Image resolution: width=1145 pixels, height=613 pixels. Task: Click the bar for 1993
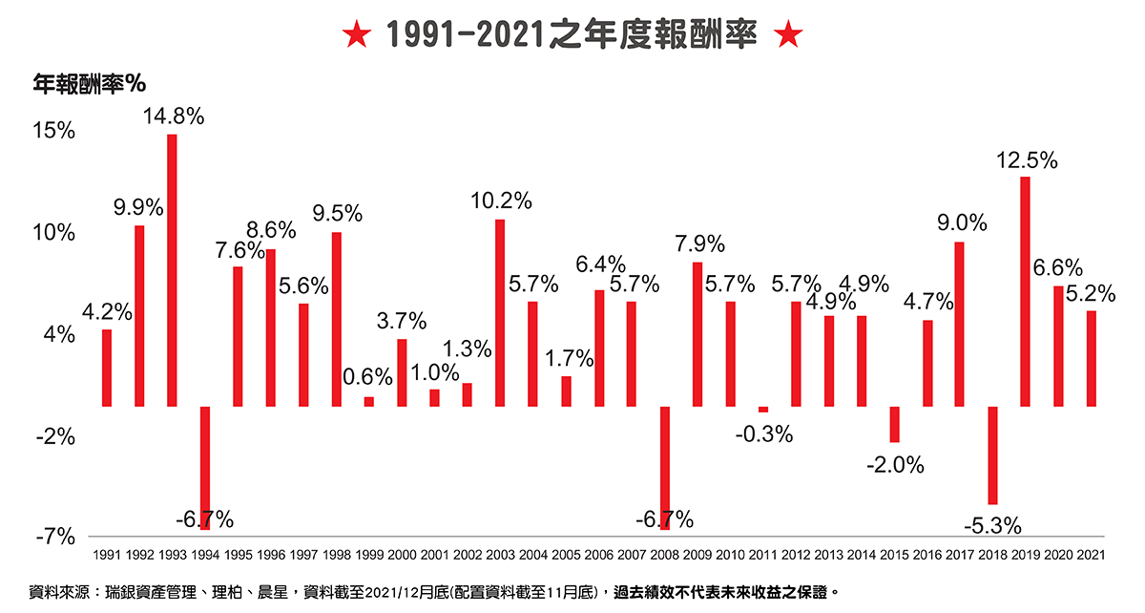172,270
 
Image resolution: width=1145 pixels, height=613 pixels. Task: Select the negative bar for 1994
205,466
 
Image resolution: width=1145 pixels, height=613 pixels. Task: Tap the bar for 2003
500,313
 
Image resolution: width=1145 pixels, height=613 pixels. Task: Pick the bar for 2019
1025,291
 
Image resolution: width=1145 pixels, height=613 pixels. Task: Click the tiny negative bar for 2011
762,409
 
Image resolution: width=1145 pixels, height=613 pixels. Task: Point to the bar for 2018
992,454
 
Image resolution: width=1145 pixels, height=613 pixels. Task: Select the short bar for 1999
368,401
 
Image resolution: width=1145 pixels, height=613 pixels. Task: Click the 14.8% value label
174,116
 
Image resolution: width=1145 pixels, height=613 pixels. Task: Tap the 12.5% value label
1027,160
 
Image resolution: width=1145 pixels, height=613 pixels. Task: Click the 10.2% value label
501,201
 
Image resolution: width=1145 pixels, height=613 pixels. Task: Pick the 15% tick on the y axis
56,131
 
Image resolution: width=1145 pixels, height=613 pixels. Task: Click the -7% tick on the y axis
56,538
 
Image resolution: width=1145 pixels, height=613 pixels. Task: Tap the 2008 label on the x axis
664,554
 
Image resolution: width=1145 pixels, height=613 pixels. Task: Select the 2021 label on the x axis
1091,554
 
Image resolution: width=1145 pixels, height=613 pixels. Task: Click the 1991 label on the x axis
107,554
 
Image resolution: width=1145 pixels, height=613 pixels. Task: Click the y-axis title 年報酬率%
89,84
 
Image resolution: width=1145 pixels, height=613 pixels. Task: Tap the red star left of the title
356,36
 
